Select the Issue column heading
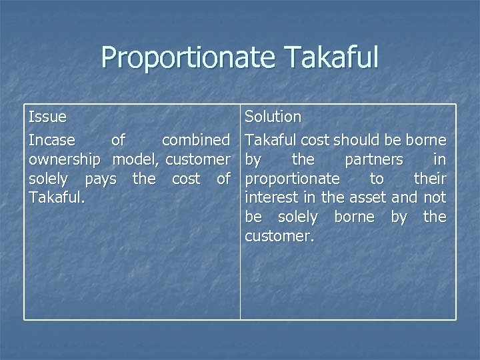coord(47,117)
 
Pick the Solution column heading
coord(273,117)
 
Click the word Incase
coord(51,141)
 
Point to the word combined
coord(195,141)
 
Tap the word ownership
coord(65,160)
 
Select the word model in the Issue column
coord(135,160)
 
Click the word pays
coord(100,179)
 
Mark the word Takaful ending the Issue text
coord(55,198)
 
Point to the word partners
coord(373,160)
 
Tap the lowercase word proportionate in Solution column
coord(292,179)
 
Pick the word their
coord(430,179)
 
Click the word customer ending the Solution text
coord(278,237)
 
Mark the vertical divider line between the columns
coord(241,267)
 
